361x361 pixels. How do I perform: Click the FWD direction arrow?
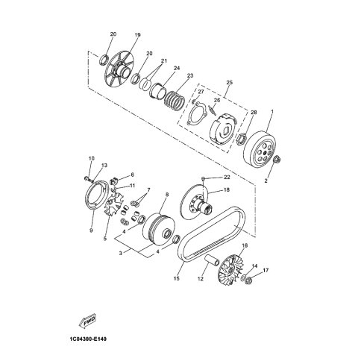point(87,321)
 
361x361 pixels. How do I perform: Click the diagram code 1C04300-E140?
point(87,339)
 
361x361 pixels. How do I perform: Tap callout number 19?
point(137,35)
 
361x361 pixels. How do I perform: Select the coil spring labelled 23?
point(175,99)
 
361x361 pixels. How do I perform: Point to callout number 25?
point(229,82)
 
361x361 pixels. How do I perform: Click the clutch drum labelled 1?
point(260,148)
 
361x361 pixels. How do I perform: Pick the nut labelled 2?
point(277,159)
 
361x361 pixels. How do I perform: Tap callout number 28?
point(254,113)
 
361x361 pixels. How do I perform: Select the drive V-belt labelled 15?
point(212,234)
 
